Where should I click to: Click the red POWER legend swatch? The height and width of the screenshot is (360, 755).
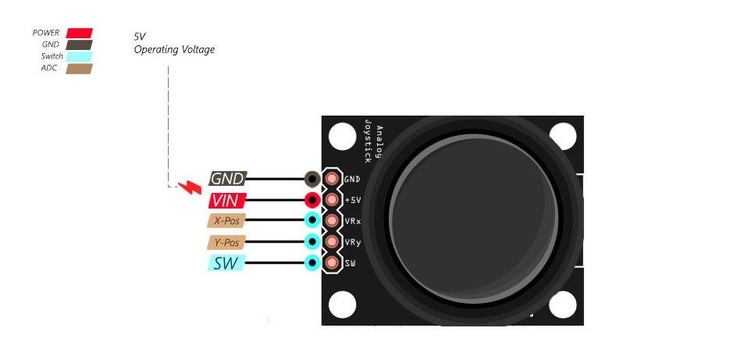coord(79,33)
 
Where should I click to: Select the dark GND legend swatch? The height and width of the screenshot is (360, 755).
coord(79,45)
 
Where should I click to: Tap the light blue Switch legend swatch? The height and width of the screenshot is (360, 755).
coord(79,56)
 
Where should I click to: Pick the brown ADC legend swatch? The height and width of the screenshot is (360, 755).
coord(79,68)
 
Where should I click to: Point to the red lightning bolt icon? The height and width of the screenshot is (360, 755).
coord(189,187)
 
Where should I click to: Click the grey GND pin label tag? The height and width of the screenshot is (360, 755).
coord(228,179)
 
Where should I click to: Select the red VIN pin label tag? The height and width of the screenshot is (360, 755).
coord(228,200)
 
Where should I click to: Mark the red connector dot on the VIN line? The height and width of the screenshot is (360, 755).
coord(312,200)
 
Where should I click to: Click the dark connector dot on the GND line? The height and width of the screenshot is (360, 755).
coord(312,179)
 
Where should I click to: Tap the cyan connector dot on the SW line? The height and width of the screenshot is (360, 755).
coord(312,263)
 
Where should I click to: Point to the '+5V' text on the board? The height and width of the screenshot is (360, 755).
coord(353,200)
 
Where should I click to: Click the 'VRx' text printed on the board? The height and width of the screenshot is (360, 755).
coord(353,221)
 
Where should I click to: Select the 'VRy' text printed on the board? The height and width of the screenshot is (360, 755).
coord(353,242)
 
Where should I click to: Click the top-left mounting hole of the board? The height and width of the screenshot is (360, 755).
coord(342,137)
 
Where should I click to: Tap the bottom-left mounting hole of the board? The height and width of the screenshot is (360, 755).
coord(342,305)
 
